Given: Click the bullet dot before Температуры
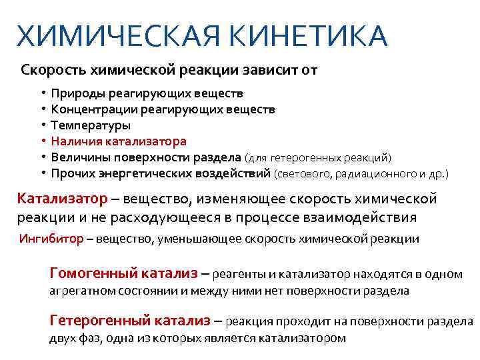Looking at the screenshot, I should (x=41, y=125).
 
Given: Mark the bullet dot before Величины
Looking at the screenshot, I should (x=41, y=157).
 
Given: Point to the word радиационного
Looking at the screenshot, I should (x=381, y=174).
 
